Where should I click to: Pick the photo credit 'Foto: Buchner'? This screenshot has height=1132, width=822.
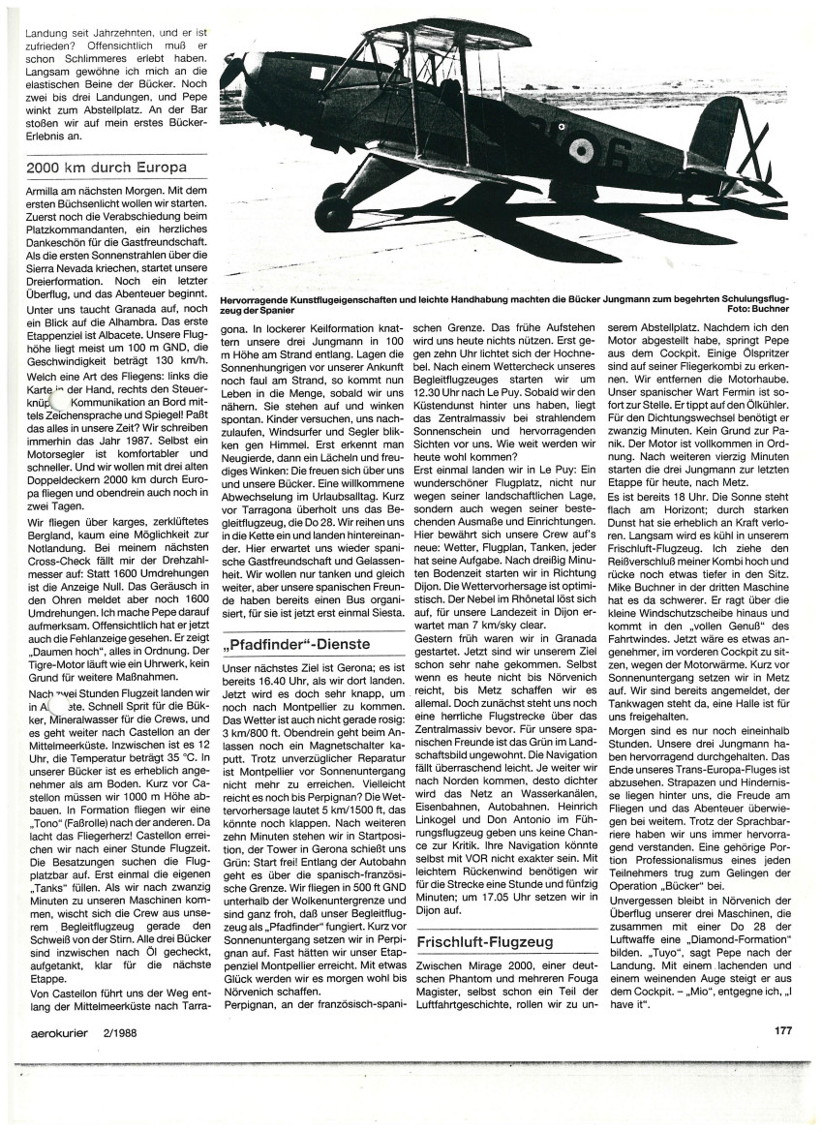pos(757,310)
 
